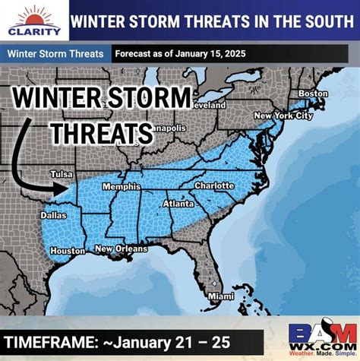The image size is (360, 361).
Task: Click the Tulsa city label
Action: click(x=62, y=173)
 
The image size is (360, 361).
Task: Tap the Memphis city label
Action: click(x=124, y=186)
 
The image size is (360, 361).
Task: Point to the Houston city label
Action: click(x=68, y=250)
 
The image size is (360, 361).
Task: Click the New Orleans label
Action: click(x=120, y=249)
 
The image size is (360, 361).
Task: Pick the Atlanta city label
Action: click(x=178, y=204)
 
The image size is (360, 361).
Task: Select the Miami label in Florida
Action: click(x=221, y=295)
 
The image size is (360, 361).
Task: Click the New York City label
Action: click(x=283, y=116)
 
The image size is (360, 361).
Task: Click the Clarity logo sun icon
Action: click(x=35, y=15)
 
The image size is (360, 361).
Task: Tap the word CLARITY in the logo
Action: click(x=35, y=32)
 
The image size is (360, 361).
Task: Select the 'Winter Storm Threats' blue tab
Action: click(x=55, y=55)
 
